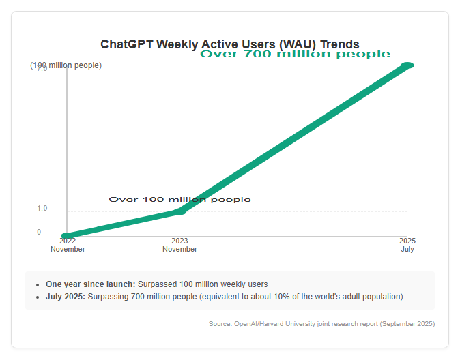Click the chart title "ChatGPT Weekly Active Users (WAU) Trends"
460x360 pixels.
point(230,44)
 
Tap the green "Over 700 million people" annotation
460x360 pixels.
point(295,54)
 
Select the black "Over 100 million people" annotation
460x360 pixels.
point(179,200)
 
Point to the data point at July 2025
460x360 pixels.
point(407,65)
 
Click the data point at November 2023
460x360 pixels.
point(179,211)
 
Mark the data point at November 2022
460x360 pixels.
point(67,236)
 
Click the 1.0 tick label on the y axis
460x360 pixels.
point(42,208)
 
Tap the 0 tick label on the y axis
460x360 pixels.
point(39,232)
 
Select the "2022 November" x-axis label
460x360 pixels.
point(68,245)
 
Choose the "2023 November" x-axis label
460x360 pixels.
point(179,245)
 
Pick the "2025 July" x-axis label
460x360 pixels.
point(407,245)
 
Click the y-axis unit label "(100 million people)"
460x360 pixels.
point(66,65)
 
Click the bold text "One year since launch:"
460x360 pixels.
point(90,284)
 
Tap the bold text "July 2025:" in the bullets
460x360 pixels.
point(66,297)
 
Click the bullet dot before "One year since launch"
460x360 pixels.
point(38,285)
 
